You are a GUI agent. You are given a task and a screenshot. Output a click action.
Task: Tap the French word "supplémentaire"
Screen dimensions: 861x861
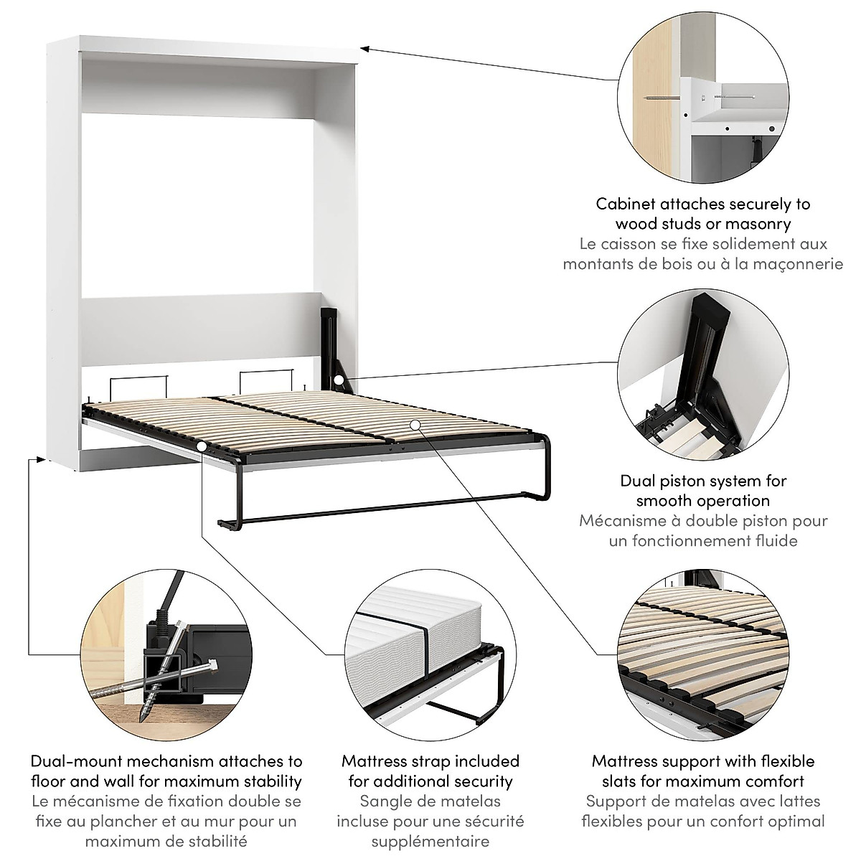coord(430,841)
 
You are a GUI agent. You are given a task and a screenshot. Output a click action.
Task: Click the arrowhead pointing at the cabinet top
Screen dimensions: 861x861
coord(363,49)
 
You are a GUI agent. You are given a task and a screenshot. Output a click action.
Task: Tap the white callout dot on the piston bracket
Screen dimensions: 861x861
coord(337,378)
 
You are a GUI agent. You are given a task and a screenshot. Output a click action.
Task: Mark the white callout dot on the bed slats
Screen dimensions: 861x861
coord(414,425)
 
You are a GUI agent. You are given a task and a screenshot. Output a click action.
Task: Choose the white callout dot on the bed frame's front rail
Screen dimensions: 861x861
coord(202,446)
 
